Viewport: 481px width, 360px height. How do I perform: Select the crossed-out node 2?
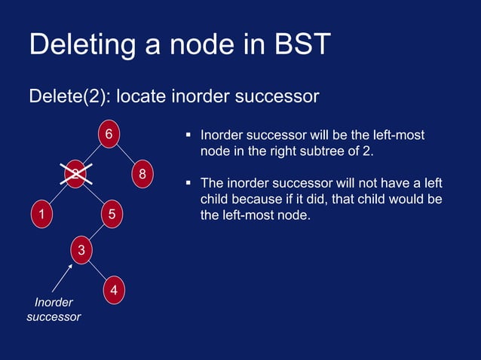click(x=77, y=175)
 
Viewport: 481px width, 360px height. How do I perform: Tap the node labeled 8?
click(x=142, y=175)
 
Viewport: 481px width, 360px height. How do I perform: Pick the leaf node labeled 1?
click(x=41, y=215)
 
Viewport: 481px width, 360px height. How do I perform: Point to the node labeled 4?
click(x=113, y=289)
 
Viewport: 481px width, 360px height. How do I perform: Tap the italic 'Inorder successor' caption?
click(x=54, y=310)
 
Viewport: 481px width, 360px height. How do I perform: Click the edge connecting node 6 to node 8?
click(x=126, y=155)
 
